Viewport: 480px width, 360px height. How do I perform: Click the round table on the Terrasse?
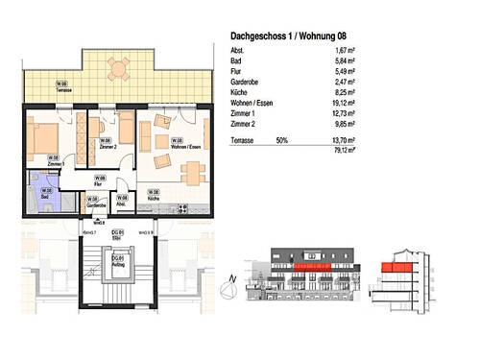coord(117,68)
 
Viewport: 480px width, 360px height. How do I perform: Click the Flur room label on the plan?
coord(99,180)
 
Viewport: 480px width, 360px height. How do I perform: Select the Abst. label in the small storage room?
coord(120,202)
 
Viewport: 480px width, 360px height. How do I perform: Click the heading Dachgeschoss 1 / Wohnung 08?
coord(292,36)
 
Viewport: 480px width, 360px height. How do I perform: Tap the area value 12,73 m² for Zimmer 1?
coord(341,111)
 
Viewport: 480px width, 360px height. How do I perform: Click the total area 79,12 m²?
coord(341,149)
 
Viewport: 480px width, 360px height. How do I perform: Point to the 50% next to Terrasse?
coord(282,139)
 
